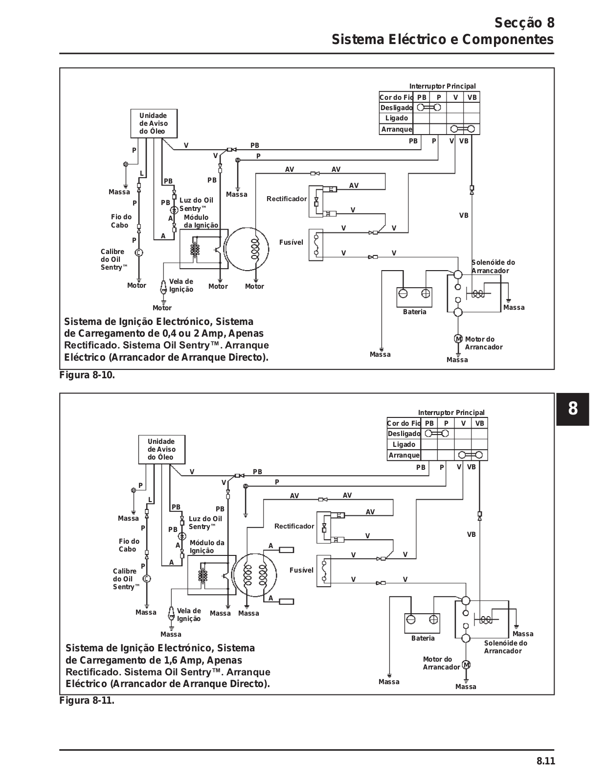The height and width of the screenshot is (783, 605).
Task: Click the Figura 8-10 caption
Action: point(87,375)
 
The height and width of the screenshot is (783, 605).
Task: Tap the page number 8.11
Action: point(546,760)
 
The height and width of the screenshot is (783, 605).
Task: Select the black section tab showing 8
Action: point(573,409)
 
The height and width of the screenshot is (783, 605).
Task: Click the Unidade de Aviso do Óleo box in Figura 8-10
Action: point(154,124)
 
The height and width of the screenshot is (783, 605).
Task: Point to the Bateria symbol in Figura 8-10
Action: point(414,297)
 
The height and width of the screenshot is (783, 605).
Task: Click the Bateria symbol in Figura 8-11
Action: point(422,623)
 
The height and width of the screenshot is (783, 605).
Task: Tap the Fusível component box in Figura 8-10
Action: point(316,245)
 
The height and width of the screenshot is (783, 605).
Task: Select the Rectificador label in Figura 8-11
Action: point(294,526)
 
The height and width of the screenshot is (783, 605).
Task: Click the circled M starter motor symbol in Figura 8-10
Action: point(458,339)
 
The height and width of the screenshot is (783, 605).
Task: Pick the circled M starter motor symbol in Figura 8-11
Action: point(467,665)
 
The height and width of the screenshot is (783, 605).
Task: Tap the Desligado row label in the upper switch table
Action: point(397,108)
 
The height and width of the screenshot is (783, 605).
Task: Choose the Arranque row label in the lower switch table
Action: point(404,455)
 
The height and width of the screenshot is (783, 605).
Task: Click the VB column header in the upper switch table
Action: point(472,97)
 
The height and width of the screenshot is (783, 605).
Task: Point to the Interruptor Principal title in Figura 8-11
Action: point(451,413)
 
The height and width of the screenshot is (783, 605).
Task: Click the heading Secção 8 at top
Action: point(525,23)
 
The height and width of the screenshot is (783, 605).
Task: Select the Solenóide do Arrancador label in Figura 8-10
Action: point(493,267)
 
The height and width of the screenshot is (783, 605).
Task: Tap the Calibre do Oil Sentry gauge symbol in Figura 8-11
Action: point(147,579)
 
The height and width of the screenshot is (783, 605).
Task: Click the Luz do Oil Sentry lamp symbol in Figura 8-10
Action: point(174,210)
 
